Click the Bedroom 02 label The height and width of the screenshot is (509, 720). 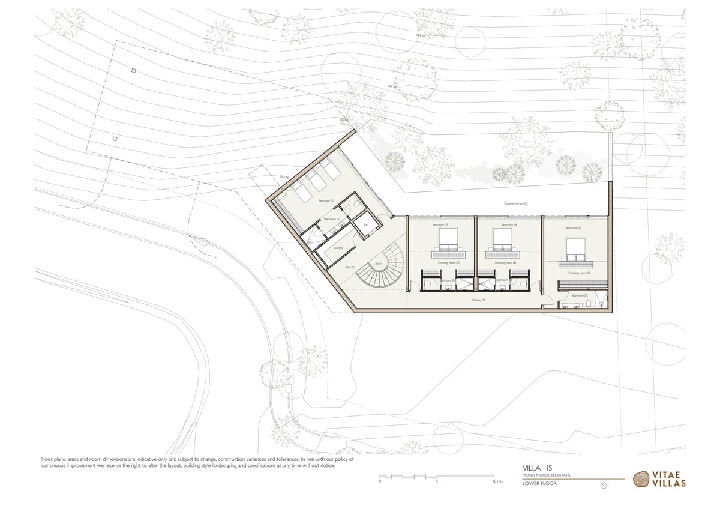pos(325,201)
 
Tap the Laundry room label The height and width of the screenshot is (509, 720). pos(338,247)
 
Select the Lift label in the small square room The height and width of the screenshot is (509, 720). pos(364,225)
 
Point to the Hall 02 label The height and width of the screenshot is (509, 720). pos(350,267)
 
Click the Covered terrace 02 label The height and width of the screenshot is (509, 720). pos(515,203)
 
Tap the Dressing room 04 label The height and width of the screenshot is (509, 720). pos(505,263)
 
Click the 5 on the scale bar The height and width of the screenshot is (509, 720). pos(437,481)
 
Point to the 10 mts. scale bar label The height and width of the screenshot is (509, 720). pos(497,481)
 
